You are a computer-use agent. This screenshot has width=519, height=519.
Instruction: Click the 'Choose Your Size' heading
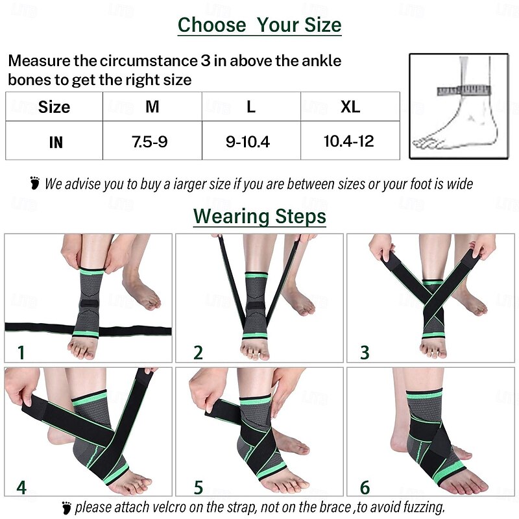coord(259,25)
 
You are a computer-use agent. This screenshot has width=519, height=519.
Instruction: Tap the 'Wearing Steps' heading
coord(259,216)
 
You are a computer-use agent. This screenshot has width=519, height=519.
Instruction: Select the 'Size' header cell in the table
coord(54,107)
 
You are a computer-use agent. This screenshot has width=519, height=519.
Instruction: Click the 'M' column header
coord(152,106)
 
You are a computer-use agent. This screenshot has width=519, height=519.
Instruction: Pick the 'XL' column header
coord(350,106)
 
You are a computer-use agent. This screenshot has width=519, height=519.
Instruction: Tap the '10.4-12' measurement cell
coord(348,141)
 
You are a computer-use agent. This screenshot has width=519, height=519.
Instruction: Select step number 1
coord(21,352)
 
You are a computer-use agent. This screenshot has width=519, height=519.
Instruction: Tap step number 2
coord(198,352)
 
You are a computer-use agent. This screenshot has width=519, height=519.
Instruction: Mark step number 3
coord(365,352)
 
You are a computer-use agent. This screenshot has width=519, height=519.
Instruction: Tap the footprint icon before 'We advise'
coord(35,183)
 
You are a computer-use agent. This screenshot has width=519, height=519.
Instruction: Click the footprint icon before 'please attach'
coord(66,507)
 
